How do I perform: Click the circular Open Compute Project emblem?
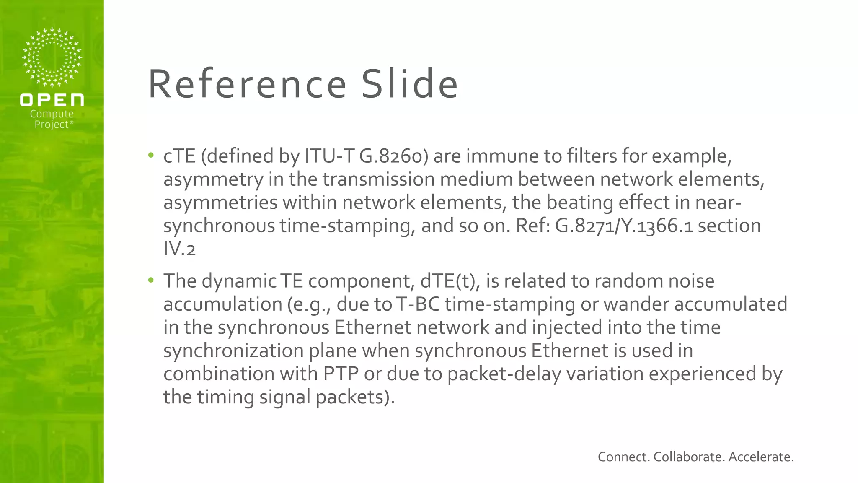point(52,57)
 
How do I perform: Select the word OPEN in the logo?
point(52,100)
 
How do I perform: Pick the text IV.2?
point(179,249)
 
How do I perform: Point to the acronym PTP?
point(341,374)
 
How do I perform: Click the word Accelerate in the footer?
point(761,457)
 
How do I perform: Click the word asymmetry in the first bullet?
point(213,180)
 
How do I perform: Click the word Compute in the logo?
point(52,114)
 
